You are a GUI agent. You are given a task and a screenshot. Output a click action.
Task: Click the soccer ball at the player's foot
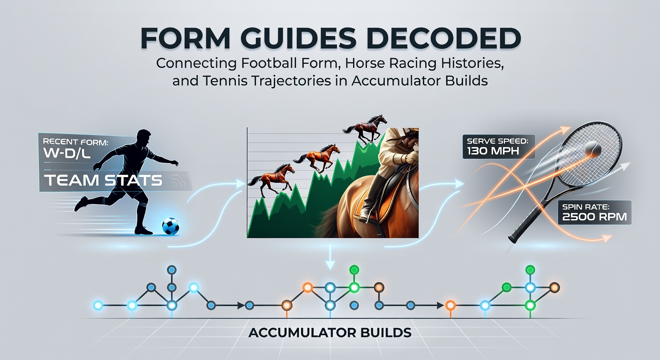click(x=170, y=226)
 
